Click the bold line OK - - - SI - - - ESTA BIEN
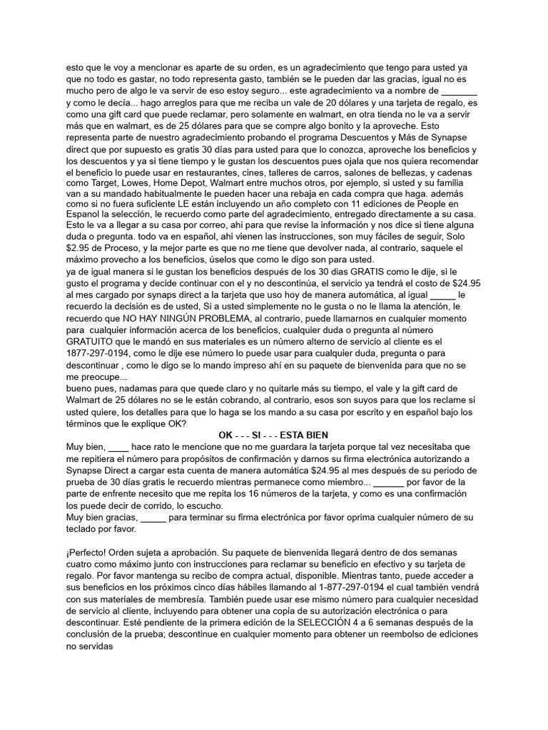click(273, 435)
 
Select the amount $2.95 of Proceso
click(80, 236)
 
